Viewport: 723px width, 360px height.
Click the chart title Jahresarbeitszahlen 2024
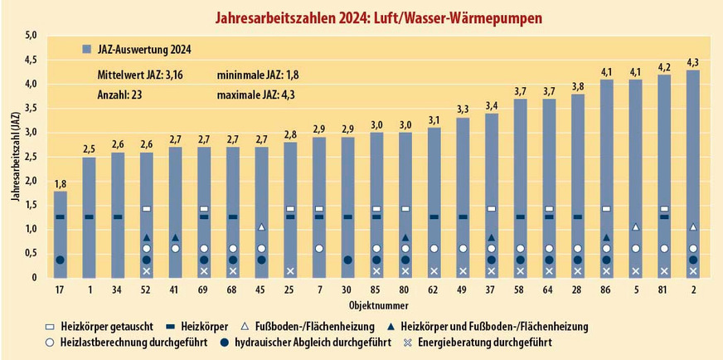point(361,16)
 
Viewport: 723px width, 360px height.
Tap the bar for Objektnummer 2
point(693,173)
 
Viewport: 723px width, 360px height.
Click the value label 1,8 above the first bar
point(60,183)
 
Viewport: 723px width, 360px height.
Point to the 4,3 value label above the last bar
point(693,62)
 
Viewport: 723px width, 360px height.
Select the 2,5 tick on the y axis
point(31,157)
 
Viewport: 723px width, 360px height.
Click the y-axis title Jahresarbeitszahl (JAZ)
point(14,157)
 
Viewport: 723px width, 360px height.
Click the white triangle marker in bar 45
point(261,227)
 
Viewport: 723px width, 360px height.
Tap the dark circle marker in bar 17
point(60,260)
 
